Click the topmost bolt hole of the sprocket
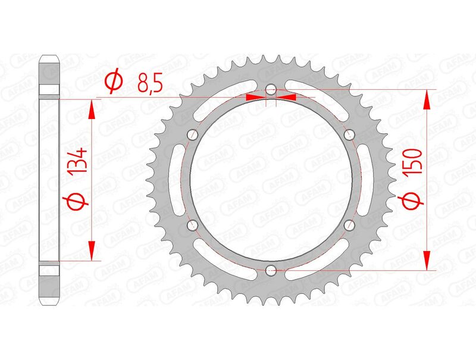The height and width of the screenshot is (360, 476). pyautogui.click(x=271, y=90)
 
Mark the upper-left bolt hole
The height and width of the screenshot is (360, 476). pyautogui.click(x=192, y=134)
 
